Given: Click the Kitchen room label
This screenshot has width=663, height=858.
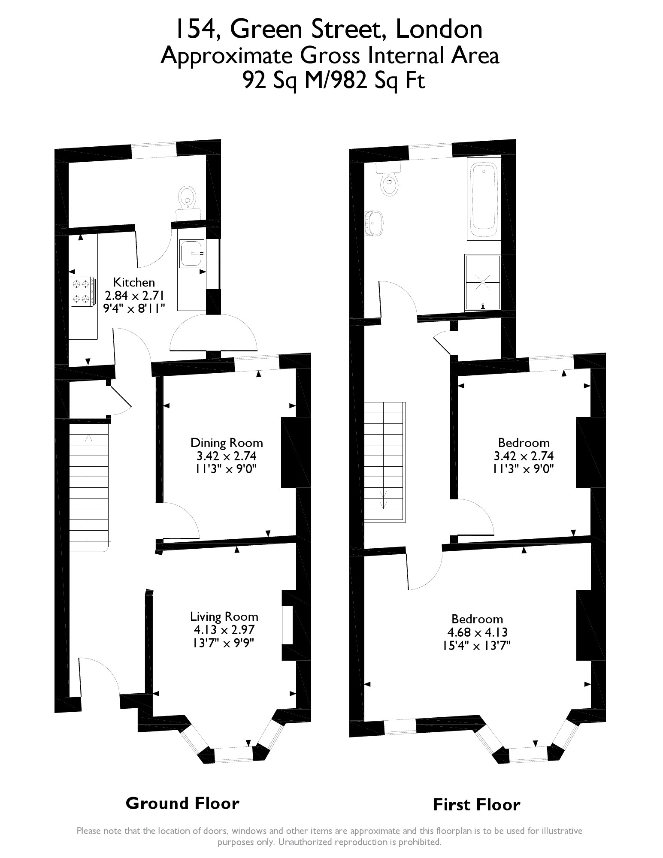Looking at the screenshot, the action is coord(133,282).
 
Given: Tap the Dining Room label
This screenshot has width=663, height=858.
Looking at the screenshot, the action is coord(227,443).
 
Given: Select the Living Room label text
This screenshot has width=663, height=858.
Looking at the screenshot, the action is coord(224,617).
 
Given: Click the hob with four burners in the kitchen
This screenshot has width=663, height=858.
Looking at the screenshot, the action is coord(82,292).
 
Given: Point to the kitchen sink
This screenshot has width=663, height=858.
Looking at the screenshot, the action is coord(192,254).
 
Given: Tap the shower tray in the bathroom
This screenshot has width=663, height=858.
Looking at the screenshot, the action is coord(483,282).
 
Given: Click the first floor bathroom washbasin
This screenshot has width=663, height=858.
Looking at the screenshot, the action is coord(375,223).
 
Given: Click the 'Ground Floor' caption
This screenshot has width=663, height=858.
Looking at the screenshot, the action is coord(182,803).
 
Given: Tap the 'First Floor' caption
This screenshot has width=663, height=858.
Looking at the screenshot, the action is coord(476,804).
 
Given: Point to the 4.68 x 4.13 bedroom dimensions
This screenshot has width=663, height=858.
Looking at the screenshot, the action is coord(477,632).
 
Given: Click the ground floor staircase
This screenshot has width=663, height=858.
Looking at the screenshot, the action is coord(89,487).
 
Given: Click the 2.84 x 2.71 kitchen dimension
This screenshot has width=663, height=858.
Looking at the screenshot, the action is coord(135,295).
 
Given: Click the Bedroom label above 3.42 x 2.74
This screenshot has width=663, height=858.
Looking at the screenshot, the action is coord(524,443).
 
